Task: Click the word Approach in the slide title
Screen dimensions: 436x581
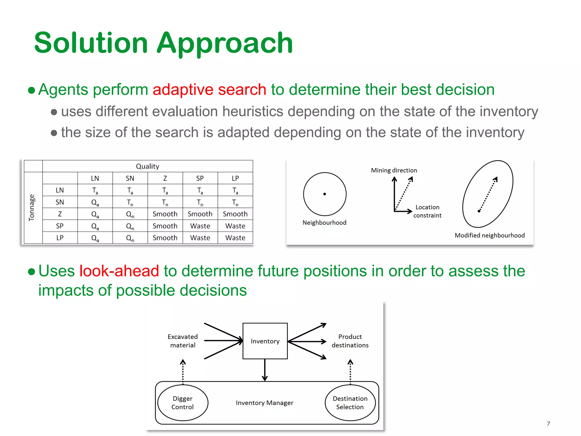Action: (225, 43)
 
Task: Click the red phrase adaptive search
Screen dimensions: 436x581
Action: (209, 90)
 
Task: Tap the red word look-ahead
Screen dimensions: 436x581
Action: (119, 271)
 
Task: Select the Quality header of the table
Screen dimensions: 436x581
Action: (148, 166)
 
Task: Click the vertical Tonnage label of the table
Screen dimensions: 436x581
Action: (31, 208)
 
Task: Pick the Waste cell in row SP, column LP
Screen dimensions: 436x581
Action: (235, 226)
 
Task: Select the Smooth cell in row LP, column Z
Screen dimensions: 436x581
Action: (165, 238)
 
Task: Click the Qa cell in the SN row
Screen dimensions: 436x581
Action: (95, 202)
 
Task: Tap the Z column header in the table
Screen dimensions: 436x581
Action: (165, 178)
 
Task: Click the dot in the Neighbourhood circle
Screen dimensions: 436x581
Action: (325, 194)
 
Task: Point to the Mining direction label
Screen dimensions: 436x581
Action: (394, 170)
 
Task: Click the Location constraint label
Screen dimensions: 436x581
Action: (427, 211)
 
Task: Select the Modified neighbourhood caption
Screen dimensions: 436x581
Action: (489, 235)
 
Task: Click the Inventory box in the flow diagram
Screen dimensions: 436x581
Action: (265, 341)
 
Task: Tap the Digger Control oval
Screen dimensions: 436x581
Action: (183, 403)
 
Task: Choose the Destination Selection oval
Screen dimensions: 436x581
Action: (350, 403)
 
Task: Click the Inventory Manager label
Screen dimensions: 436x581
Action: (264, 403)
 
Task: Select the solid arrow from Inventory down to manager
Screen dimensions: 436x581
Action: (265, 370)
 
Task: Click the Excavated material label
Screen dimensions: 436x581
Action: (183, 341)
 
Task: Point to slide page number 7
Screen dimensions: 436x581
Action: (548, 424)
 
